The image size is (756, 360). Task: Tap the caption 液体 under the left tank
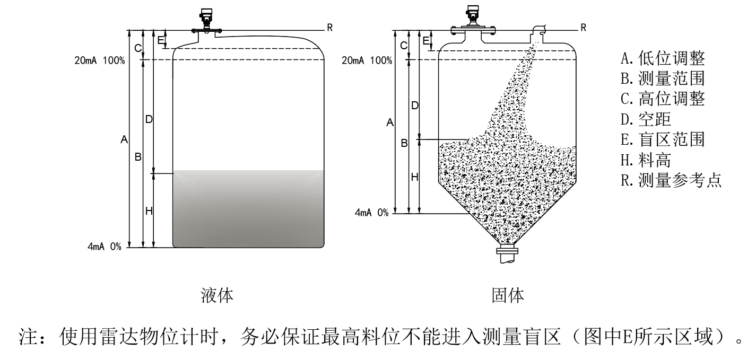[x=217, y=295]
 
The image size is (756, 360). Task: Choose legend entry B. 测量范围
[x=663, y=78]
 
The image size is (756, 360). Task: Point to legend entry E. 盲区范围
[x=663, y=139]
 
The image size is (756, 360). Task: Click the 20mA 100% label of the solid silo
[x=367, y=60]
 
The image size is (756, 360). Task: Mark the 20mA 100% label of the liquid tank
[x=100, y=60]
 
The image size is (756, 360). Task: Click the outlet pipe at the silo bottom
[x=507, y=255]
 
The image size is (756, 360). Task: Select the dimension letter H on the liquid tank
[x=149, y=211]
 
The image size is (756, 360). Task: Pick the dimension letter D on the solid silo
[x=415, y=106]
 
